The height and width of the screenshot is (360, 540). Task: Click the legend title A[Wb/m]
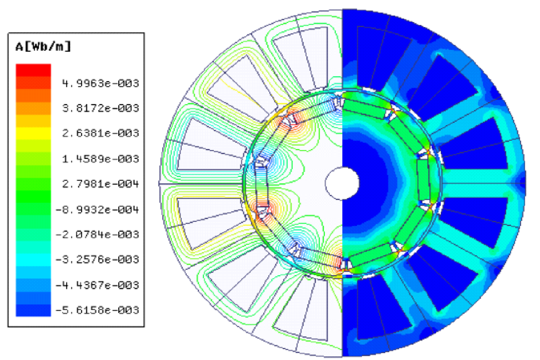pos(43,46)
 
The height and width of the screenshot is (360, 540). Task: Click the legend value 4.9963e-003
pos(101,83)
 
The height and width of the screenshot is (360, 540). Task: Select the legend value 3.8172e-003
pos(101,108)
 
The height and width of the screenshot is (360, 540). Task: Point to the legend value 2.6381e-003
pos(101,133)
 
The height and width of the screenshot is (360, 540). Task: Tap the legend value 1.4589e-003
pos(101,159)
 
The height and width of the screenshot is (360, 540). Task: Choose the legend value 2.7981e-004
pos(101,184)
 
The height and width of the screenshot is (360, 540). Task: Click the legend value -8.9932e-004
pos(97,210)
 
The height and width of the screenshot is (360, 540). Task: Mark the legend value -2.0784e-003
pos(97,235)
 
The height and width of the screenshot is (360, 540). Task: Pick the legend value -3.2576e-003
pos(97,260)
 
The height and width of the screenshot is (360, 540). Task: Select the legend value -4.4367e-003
pos(97,285)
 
